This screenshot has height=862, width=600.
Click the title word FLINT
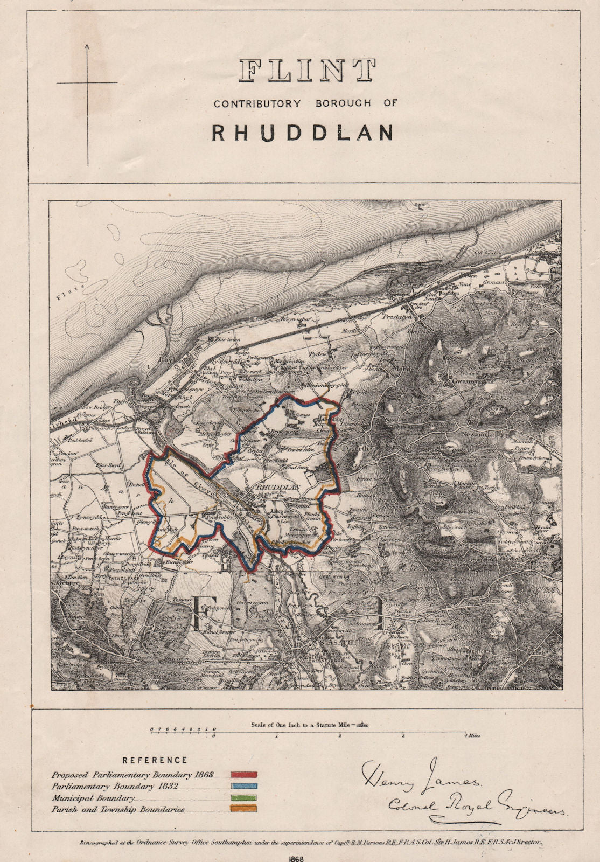[308, 71]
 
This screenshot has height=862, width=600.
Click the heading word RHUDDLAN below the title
[303, 133]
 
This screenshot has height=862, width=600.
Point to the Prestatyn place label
[397, 317]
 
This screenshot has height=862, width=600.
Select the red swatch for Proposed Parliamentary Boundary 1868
[244, 775]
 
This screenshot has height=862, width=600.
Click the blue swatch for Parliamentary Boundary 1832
[244, 787]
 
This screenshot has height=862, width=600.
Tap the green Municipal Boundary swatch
[244, 798]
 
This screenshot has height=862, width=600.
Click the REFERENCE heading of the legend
[155, 760]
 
